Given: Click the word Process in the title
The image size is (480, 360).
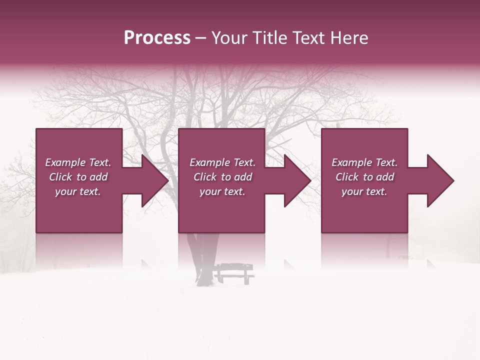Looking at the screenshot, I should tap(157, 38).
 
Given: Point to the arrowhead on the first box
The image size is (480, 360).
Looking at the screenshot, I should tap(155, 180).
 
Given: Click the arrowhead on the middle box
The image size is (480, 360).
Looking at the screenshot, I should tap(297, 180).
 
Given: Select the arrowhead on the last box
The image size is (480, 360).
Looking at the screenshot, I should tap(440, 180).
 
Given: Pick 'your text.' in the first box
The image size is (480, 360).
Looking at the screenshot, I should tap(78, 191).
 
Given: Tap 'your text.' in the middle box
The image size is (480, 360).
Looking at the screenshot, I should tap(222, 191).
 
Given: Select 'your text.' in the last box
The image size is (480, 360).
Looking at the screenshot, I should tap(364, 191).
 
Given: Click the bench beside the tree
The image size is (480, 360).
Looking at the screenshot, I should tap(234, 273).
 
